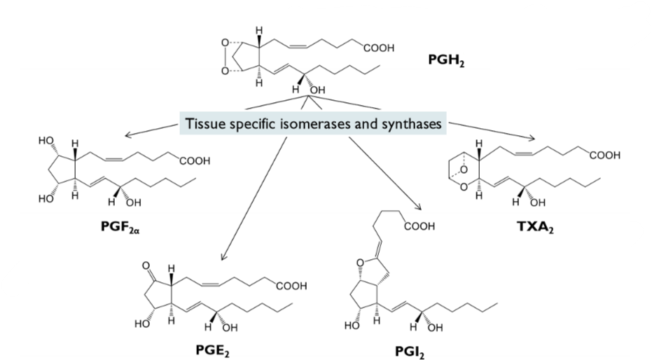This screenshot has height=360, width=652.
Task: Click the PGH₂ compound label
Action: [447, 61]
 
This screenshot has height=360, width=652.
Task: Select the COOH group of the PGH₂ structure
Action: [379, 48]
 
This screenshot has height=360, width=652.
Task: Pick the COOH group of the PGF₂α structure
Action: [195, 162]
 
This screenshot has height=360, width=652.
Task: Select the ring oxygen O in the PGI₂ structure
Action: [359, 264]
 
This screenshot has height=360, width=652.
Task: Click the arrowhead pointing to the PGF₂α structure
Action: [126, 136]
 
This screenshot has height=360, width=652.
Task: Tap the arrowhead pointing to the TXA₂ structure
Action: [534, 138]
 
